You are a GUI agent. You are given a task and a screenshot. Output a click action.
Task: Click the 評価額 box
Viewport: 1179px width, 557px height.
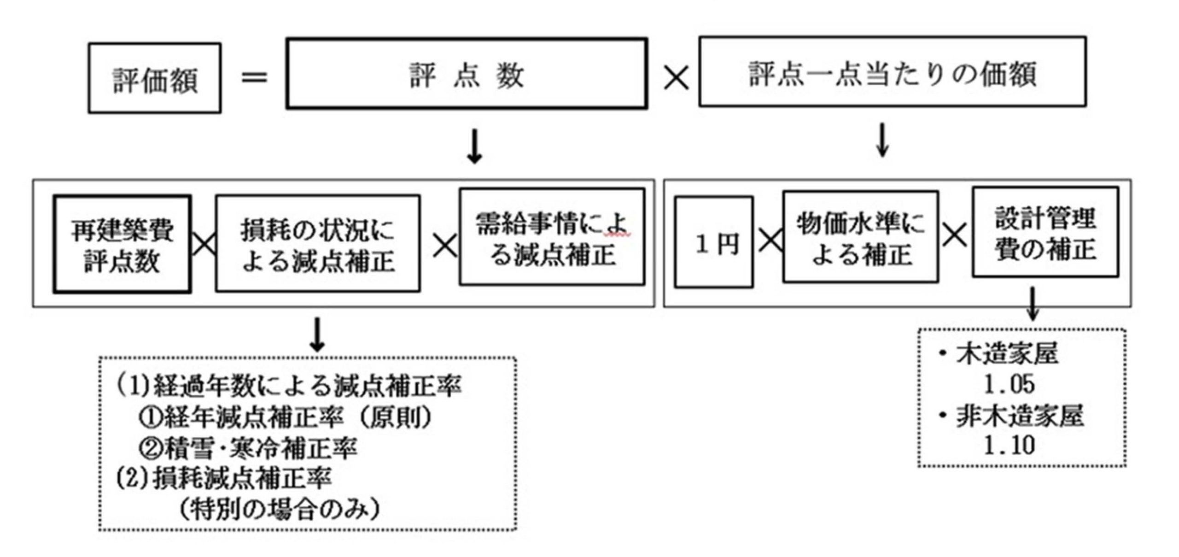pos(155,78)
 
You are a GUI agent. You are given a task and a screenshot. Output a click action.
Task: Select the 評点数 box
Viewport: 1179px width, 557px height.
pos(467,74)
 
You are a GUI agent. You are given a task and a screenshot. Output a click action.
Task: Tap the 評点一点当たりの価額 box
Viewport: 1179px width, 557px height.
pos(892,72)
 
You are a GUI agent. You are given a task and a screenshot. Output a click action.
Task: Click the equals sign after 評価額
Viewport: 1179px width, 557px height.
pos(254,77)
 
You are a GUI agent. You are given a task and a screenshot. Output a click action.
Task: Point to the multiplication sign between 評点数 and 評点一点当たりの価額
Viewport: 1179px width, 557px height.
pos(676,77)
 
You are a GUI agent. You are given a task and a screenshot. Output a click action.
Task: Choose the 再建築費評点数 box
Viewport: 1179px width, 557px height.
pos(122,244)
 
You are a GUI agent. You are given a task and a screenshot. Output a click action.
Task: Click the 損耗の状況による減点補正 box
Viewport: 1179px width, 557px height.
pos(318,244)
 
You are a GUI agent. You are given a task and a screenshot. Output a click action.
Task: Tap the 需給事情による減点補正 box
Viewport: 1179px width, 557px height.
pos(552,237)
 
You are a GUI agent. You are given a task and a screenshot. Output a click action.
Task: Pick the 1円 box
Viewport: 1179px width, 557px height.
pos(714,242)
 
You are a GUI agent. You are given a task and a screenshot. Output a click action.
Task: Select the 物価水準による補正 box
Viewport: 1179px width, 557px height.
pos(860,237)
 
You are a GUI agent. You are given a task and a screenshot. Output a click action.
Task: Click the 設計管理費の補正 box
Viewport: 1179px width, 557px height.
pos(1045,232)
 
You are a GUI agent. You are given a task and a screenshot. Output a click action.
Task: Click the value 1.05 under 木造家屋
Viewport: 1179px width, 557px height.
pos(1009,384)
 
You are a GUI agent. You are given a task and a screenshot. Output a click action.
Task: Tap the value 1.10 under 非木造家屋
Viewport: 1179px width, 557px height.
pos(1009,445)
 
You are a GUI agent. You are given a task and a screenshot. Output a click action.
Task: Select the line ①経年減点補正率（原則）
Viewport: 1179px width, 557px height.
pos(286,417)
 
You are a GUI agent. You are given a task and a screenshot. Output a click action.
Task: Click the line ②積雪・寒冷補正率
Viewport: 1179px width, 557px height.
pos(248,448)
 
